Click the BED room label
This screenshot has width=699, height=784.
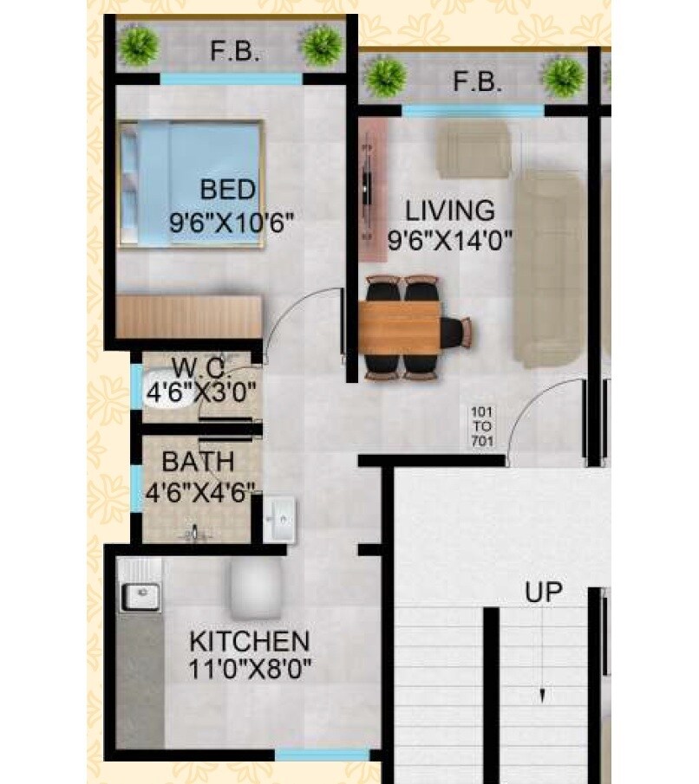click(228, 189)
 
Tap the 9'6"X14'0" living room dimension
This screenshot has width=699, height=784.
click(449, 240)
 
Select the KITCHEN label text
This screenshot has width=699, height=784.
click(250, 642)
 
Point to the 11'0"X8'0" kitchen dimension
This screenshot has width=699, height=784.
click(251, 669)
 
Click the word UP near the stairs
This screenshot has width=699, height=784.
click(543, 593)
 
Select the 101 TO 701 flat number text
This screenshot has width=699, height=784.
click(481, 424)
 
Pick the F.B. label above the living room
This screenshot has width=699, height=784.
click(478, 83)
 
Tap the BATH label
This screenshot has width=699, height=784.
click(197, 461)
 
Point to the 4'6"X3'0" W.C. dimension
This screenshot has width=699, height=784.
click(200, 392)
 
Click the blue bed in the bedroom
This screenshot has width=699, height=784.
click(191, 184)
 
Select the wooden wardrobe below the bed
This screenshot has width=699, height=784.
click(189, 316)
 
